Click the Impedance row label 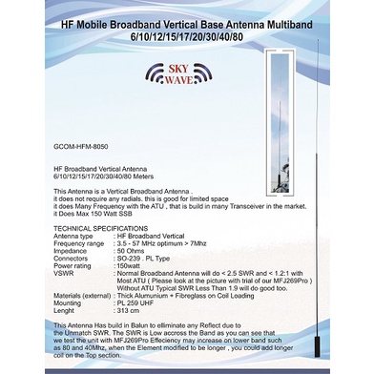(x=73, y=250)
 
